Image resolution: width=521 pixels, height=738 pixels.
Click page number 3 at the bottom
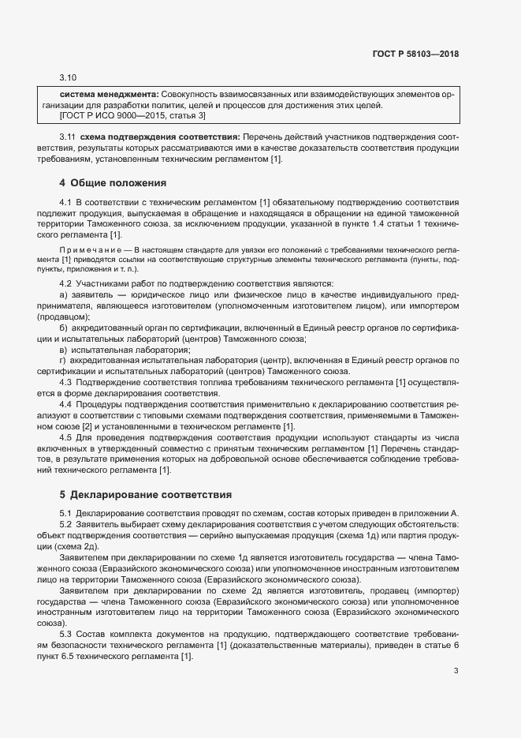coord(456,672)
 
